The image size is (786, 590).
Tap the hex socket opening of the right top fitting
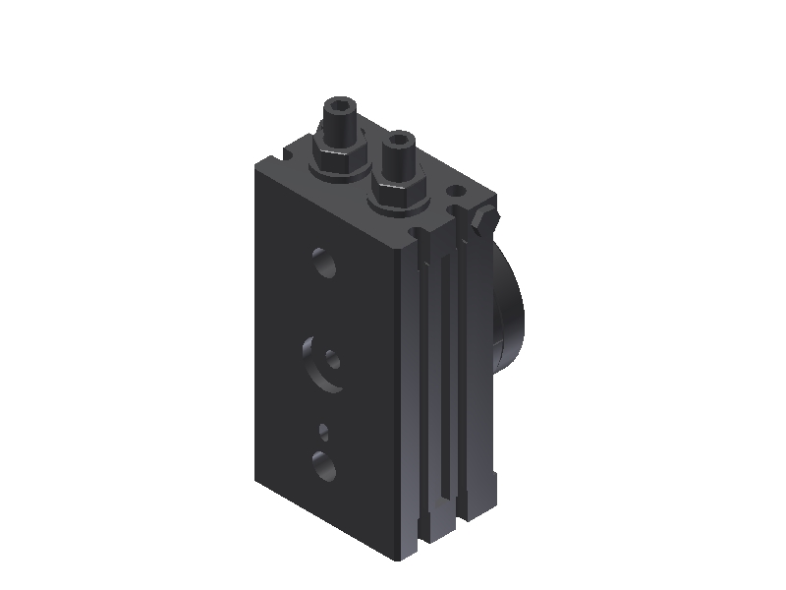click(398, 140)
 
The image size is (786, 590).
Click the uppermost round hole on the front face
click(322, 263)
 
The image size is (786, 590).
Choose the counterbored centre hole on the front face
click(326, 363)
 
